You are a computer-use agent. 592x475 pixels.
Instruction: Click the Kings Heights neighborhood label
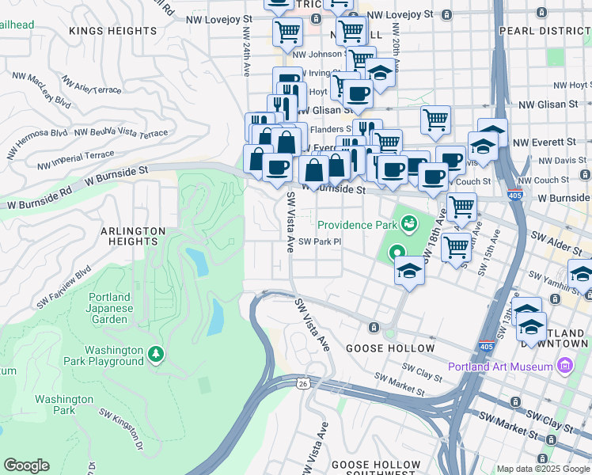pos(113,31)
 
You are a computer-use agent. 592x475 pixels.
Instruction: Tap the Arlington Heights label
pos(133,231)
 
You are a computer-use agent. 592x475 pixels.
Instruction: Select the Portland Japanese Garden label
pos(108,313)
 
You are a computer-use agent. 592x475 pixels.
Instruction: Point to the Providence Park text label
pos(356,225)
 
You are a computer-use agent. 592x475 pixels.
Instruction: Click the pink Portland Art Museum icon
pos(564,366)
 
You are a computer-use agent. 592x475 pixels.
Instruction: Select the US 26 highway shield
pos(304,384)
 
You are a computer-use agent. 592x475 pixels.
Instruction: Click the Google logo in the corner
pos(26,465)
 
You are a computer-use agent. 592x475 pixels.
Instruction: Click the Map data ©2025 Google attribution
pos(542,469)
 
